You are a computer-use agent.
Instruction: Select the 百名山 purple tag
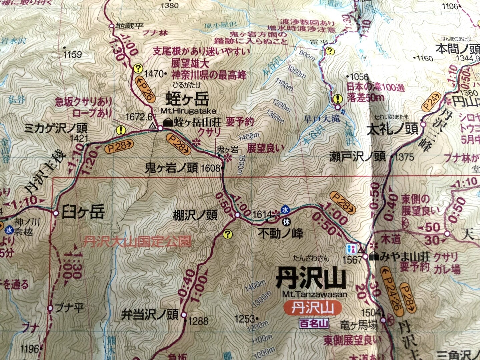point(314,323)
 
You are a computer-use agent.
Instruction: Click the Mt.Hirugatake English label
point(188,111)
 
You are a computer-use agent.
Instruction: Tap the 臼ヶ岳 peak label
point(83,212)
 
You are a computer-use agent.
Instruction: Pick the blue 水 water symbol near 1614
point(285,210)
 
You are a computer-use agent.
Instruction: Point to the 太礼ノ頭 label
point(392,129)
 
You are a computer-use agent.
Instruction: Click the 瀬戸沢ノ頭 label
point(357,156)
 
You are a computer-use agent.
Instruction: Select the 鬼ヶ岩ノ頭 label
point(171,167)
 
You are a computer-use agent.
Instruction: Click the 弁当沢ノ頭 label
point(149,315)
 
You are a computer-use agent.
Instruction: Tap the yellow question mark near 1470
point(138,69)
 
